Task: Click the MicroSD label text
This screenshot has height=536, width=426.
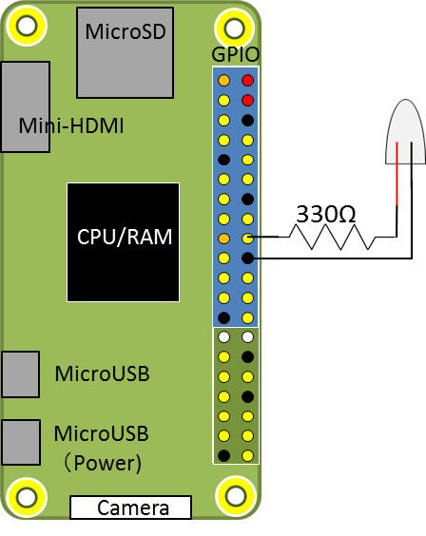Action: pyautogui.click(x=126, y=31)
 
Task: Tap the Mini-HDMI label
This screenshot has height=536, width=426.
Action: pyautogui.click(x=71, y=125)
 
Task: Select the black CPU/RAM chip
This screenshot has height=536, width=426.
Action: pyautogui.click(x=123, y=242)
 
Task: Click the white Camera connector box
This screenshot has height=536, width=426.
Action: pyautogui.click(x=130, y=507)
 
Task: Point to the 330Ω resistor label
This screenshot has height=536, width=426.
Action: pyautogui.click(x=326, y=215)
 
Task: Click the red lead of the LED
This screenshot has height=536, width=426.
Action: pyautogui.click(x=397, y=174)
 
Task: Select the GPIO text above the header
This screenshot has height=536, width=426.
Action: pyautogui.click(x=235, y=54)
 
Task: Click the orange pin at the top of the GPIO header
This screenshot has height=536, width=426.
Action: pyautogui.click(x=224, y=81)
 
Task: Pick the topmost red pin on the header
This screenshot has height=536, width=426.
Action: pyautogui.click(x=247, y=81)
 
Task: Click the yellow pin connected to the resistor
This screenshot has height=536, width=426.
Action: pyautogui.click(x=247, y=239)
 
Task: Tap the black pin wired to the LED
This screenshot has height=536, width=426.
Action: pyautogui.click(x=247, y=258)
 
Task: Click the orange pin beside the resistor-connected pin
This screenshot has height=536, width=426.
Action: pyautogui.click(x=224, y=239)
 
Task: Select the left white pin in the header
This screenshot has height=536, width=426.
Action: pyautogui.click(x=224, y=337)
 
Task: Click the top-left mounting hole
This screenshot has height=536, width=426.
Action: pyautogui.click(x=27, y=26)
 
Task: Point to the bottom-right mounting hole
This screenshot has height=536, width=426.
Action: pyautogui.click(x=236, y=496)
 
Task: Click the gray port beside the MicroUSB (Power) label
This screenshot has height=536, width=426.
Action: pyautogui.click(x=21, y=442)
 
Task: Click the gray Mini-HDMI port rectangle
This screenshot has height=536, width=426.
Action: pyautogui.click(x=26, y=106)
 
